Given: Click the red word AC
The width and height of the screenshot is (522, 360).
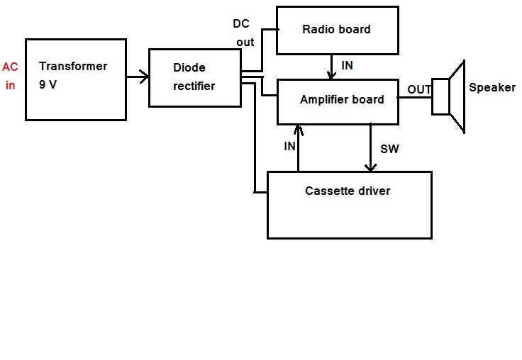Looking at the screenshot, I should click(x=10, y=68).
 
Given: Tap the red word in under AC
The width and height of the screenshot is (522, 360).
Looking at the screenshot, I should click(x=10, y=86).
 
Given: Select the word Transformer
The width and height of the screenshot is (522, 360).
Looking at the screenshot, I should click(x=73, y=67).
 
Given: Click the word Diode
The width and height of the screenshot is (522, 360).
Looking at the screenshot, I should click(x=189, y=68).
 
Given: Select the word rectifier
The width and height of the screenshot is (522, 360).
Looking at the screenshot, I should click(x=194, y=86).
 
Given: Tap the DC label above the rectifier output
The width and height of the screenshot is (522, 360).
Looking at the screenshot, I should click(x=241, y=24).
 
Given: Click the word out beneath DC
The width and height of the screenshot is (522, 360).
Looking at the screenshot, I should click(x=245, y=43).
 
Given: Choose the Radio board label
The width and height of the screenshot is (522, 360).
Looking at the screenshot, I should click(x=336, y=30).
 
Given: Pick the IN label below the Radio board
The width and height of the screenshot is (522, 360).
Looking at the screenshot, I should click(x=347, y=65).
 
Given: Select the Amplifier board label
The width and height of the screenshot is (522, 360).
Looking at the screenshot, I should click(x=342, y=100).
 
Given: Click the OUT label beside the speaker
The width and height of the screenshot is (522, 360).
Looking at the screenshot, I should click(x=419, y=90).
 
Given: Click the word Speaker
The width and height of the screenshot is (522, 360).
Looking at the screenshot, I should click(x=492, y=88).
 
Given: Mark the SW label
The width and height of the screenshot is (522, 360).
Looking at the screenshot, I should click(x=389, y=149).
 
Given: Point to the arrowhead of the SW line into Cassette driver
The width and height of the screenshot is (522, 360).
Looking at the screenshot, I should click(x=371, y=167).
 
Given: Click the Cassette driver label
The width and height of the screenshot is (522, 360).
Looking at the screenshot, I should click(x=348, y=191).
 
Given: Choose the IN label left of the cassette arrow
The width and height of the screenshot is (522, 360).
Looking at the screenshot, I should click(x=289, y=146).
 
